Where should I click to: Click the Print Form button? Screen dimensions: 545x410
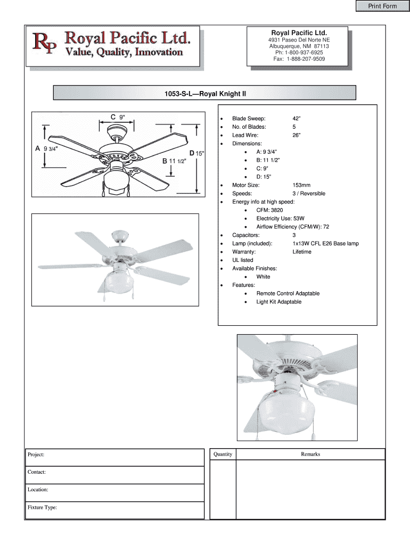[382, 6]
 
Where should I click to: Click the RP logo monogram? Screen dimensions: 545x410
[46, 44]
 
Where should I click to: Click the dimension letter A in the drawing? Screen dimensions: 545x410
[38, 149]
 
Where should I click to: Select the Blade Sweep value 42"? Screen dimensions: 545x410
[297, 119]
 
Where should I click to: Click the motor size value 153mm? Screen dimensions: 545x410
[301, 185]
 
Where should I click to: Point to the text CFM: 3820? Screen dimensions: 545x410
[269, 210]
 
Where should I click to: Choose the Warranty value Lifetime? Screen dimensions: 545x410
[302, 252]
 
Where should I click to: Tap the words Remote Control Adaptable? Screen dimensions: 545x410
[288, 293]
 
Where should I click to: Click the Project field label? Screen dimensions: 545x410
[36, 455]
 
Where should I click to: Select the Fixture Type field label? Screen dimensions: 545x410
[42, 508]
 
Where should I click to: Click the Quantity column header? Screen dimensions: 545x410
[223, 454]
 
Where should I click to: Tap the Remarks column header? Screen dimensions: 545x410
[310, 454]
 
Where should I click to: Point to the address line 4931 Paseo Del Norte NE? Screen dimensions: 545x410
[299, 40]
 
